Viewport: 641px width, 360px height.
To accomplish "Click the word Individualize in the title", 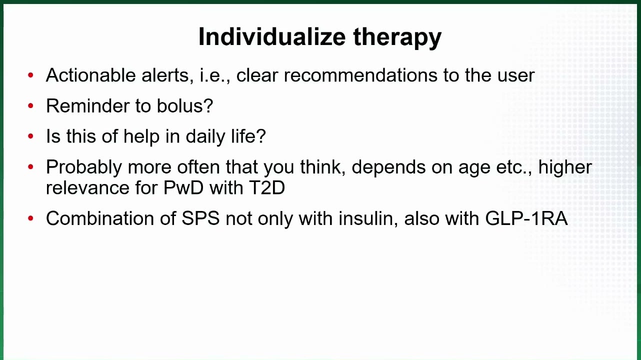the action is [x=272, y=36].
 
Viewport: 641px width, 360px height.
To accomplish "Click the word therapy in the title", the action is [x=397, y=38].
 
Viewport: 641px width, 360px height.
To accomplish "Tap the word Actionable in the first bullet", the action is [x=90, y=75].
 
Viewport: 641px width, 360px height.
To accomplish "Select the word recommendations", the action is [x=360, y=75].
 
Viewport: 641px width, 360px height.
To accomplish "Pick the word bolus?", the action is [x=185, y=106].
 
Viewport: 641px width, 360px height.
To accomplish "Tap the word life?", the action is [x=248, y=136].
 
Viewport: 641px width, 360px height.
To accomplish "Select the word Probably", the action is [x=84, y=167].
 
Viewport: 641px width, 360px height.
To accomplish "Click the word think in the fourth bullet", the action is [x=323, y=167].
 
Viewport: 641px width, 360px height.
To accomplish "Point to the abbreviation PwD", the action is [x=183, y=187].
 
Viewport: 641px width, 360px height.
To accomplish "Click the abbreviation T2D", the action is [x=267, y=187].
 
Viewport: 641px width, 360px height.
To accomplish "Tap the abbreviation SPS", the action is [x=201, y=218].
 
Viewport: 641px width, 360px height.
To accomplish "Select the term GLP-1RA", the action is [x=526, y=218].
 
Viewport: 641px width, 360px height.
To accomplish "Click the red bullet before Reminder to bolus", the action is [x=30, y=105].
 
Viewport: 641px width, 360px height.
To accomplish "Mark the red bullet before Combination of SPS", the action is [x=30, y=218].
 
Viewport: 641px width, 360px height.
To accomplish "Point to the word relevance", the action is [x=88, y=188].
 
